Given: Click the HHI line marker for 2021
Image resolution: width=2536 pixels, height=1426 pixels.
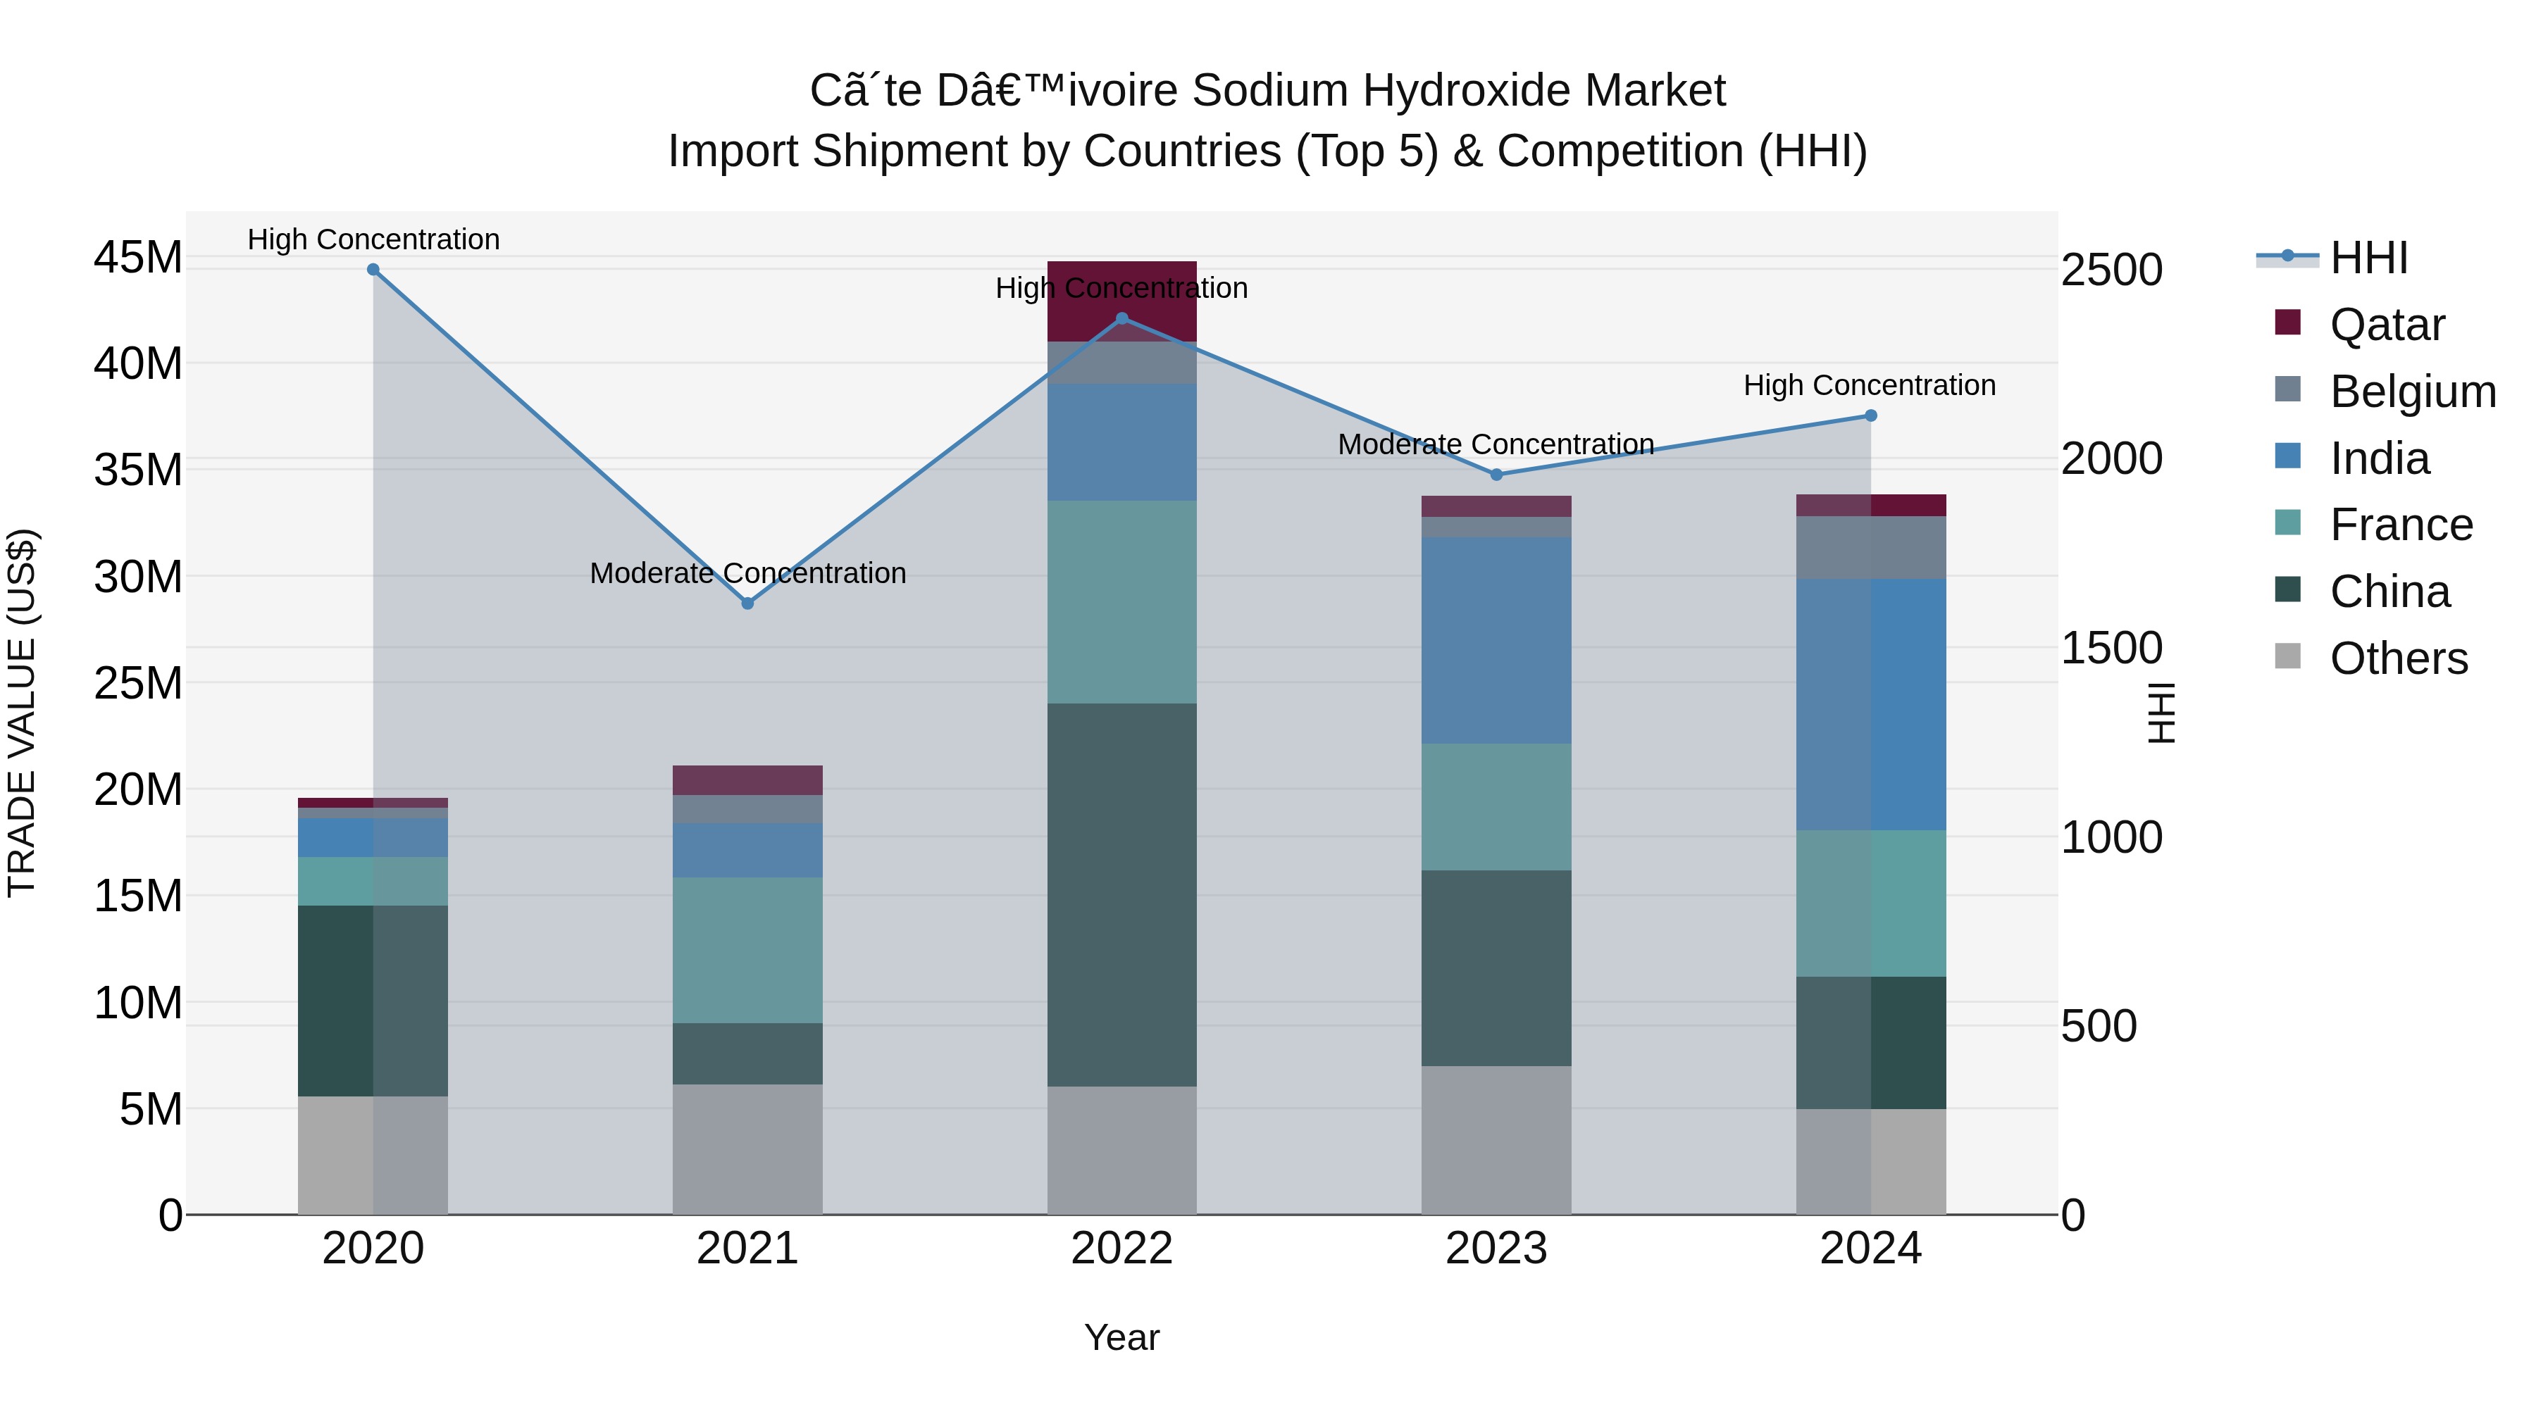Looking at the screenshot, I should point(747,603).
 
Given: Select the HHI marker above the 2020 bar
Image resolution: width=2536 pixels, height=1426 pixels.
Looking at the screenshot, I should point(373,270).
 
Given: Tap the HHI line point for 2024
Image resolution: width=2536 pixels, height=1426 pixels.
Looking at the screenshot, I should point(1870,415).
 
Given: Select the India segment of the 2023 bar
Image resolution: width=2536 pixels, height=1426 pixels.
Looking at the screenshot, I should point(1496,639).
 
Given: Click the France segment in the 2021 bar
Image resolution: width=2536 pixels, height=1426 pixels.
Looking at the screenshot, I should point(747,950).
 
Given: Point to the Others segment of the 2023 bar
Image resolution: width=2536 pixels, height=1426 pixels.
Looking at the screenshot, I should point(1496,1139).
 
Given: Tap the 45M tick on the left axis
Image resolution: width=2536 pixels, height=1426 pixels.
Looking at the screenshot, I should point(138,258).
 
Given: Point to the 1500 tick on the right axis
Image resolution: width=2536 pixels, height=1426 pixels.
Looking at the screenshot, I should point(2112,648).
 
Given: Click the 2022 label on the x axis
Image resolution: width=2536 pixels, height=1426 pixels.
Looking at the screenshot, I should point(1121,1249).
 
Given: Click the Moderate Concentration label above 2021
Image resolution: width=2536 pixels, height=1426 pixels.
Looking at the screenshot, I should point(747,573).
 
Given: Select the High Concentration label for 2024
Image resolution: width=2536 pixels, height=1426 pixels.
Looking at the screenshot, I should point(1870,384).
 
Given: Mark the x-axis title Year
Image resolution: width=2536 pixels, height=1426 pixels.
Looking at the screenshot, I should point(1121,1337).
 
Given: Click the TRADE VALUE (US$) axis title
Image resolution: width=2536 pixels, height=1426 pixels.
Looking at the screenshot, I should point(23,713).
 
